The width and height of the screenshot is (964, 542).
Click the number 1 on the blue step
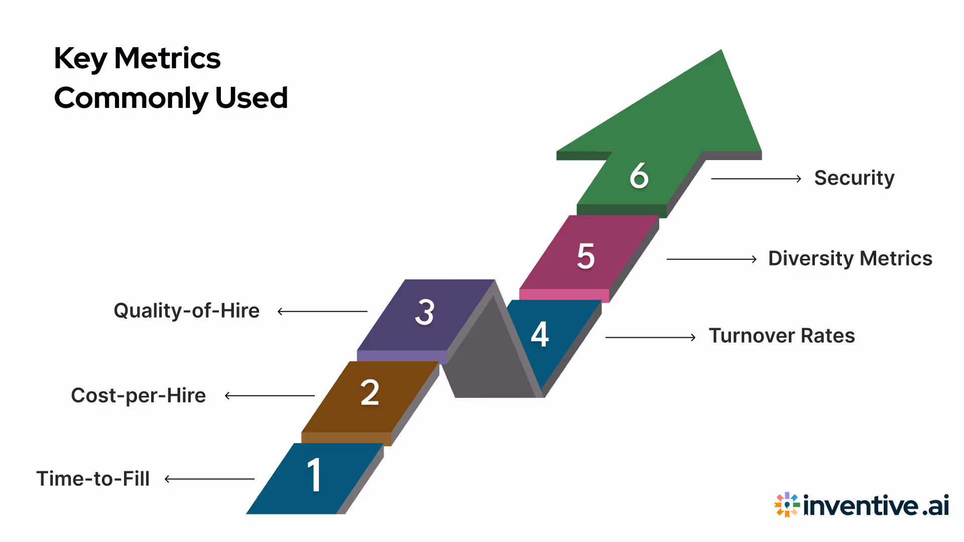tap(314, 475)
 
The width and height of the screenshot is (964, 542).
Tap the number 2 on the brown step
tap(370, 392)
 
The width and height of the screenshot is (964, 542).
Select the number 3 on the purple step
tap(425, 312)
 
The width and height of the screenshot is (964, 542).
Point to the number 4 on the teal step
tap(540, 334)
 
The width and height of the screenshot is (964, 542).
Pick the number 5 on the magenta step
tap(586, 256)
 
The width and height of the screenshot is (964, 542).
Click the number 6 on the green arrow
tap(639, 176)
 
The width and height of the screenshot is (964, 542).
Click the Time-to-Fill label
tap(93, 479)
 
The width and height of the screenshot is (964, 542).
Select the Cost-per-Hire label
tap(139, 395)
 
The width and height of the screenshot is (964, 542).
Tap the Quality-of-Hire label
tap(187, 311)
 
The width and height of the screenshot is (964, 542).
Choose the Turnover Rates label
tap(782, 336)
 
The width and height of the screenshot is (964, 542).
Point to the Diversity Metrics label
tap(850, 258)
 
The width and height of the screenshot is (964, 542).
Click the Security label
tap(854, 178)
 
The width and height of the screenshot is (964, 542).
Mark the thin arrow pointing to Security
tap(756, 179)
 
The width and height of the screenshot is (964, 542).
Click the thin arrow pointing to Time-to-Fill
tap(210, 479)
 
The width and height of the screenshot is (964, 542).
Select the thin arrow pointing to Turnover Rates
tap(650, 337)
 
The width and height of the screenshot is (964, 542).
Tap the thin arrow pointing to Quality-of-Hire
tap(322, 311)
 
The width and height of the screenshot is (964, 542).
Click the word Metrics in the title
tap(167, 58)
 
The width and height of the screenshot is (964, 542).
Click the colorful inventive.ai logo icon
tap(786, 504)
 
